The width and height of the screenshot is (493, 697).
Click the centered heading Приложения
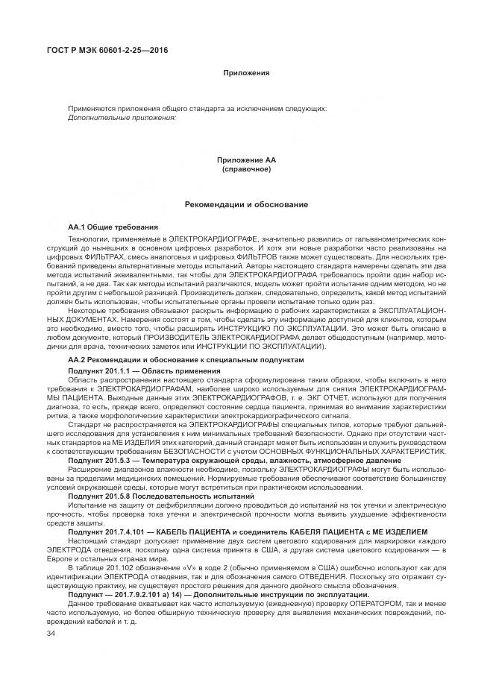click(245, 73)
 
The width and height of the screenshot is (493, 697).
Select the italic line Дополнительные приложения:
click(122, 118)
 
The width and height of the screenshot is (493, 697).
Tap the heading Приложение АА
click(245, 160)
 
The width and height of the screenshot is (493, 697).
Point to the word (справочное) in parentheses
click(245, 169)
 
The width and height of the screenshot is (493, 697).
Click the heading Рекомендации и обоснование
click(245, 204)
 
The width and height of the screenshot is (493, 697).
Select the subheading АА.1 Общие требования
click(113, 227)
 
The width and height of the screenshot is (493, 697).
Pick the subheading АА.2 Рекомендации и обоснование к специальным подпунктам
click(186, 359)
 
